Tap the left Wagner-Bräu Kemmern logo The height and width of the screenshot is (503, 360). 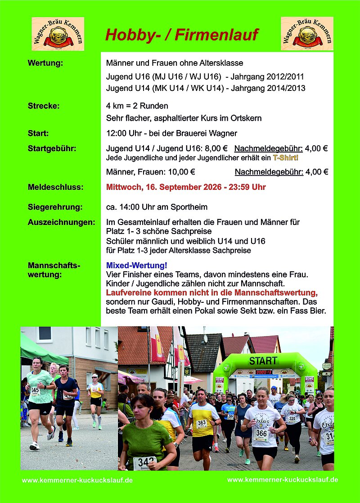[58, 34]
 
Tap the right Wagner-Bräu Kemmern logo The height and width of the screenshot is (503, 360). [307, 34]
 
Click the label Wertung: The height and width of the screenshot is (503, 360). [45, 63]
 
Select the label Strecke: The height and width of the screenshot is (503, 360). [44, 106]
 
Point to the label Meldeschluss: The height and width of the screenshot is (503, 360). [55, 187]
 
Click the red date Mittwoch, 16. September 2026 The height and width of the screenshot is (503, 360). [161, 187]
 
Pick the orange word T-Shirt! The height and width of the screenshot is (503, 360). [286, 158]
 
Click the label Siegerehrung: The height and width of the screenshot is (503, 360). [55, 207]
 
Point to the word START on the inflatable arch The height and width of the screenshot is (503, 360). [263, 361]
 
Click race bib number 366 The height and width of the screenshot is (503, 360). [261, 432]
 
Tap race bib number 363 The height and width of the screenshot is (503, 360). [201, 423]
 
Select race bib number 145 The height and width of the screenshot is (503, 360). [35, 391]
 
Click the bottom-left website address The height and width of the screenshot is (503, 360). [77, 481]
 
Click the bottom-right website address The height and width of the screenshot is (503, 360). [283, 480]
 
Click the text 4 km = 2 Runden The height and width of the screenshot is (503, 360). [137, 106]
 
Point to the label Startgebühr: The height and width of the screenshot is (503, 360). [52, 148]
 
